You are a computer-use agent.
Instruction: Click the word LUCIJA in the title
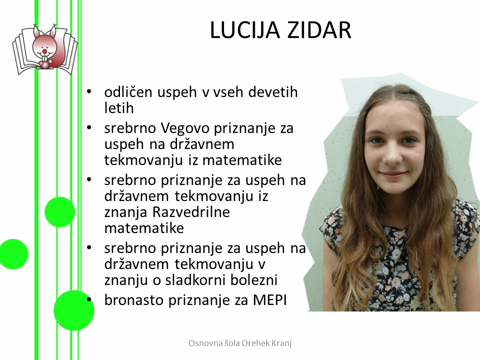(245, 30)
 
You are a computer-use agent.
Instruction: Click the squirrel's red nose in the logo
(44, 50)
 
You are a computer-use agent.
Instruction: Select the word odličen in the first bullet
(128, 92)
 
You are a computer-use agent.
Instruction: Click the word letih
(119, 108)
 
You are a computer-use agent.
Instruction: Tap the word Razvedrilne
(190, 212)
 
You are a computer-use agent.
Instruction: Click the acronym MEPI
(269, 300)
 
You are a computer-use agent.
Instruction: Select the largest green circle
(74, 310)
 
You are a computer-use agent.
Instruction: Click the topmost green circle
(60, 212)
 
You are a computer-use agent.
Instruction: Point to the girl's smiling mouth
(393, 174)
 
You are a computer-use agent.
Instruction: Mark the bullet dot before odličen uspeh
(89, 91)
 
